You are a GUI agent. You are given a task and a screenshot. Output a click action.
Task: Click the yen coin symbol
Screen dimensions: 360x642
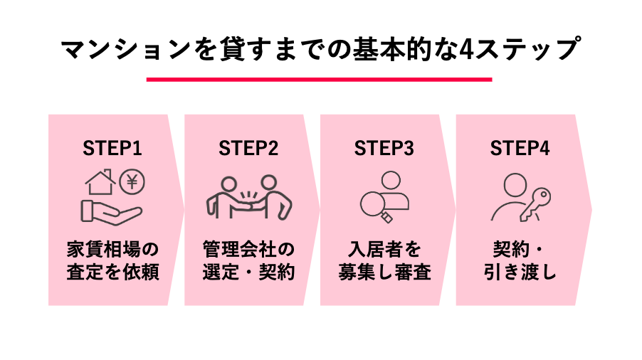[132, 182]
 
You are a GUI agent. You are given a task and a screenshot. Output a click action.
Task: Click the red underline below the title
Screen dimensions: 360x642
[320, 80]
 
